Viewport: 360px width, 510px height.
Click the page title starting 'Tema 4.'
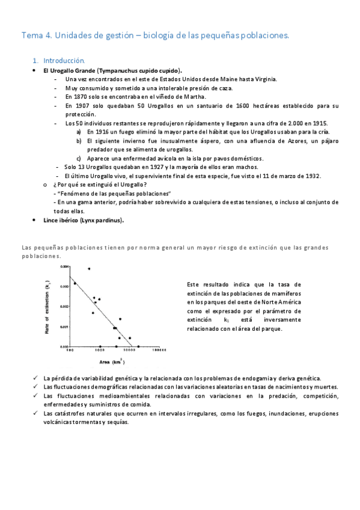point(155,35)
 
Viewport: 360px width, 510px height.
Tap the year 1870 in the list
point(82,96)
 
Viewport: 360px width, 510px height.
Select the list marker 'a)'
point(79,132)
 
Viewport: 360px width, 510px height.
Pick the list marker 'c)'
point(79,158)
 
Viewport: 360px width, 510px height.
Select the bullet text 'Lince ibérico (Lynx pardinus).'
point(84,220)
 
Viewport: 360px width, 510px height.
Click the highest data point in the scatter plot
point(89,269)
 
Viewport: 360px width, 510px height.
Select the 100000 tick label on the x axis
point(159,351)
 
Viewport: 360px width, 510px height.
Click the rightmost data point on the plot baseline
point(138,346)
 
